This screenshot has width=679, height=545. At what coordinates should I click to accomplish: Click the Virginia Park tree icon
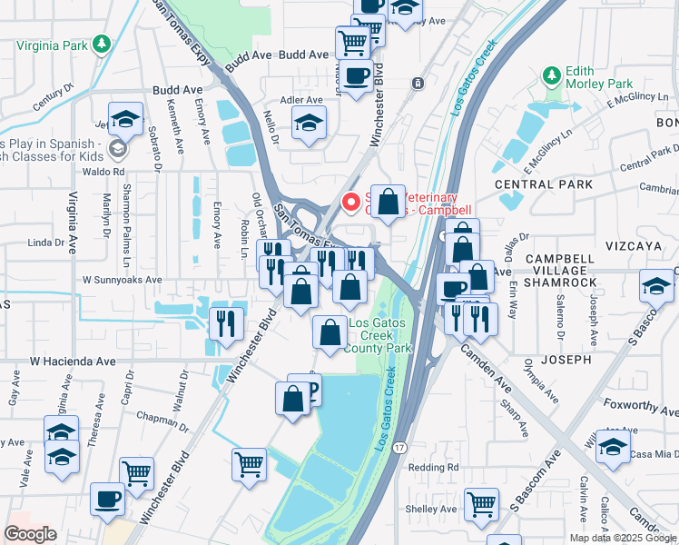pyautogui.click(x=103, y=44)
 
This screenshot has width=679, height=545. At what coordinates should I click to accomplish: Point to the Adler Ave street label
pyautogui.click(x=302, y=100)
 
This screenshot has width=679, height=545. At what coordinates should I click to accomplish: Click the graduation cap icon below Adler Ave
pyautogui.click(x=310, y=124)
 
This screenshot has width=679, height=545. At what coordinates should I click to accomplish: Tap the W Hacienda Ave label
pyautogui.click(x=73, y=361)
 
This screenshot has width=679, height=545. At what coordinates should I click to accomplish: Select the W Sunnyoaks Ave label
pyautogui.click(x=123, y=281)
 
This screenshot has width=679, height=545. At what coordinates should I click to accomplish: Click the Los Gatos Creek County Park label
pyautogui.click(x=380, y=335)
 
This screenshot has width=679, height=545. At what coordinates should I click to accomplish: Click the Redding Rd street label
pyautogui.click(x=433, y=467)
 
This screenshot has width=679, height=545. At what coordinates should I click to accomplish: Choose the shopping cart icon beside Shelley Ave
pyautogui.click(x=481, y=504)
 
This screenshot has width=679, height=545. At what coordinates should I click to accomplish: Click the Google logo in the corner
pyautogui.click(x=31, y=533)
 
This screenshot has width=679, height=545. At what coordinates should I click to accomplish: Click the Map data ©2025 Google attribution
pyautogui.click(x=622, y=537)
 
